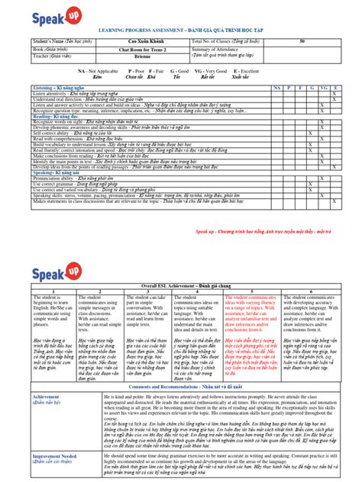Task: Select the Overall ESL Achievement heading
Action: pyautogui.click(x=180, y=283)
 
